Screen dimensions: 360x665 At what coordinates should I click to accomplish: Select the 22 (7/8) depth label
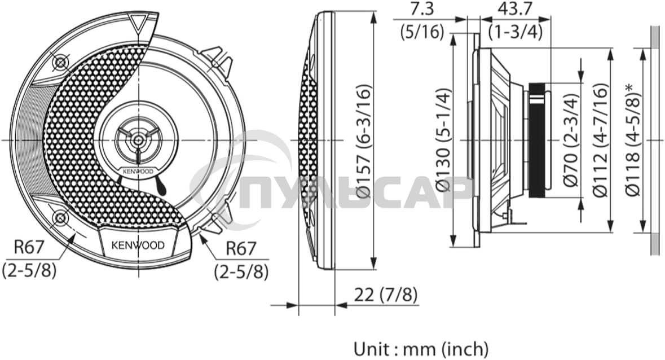pos(386,294)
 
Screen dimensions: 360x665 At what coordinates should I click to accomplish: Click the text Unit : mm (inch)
pos(421,348)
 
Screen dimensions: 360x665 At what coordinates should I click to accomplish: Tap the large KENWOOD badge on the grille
pos(138,245)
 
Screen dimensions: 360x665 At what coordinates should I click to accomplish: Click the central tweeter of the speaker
pos(138,139)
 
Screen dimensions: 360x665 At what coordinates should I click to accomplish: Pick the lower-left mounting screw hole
pos(59,217)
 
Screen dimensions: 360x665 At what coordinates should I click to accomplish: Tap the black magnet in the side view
pos(537,140)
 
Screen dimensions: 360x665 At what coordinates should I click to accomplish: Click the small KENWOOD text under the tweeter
pos(138,171)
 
